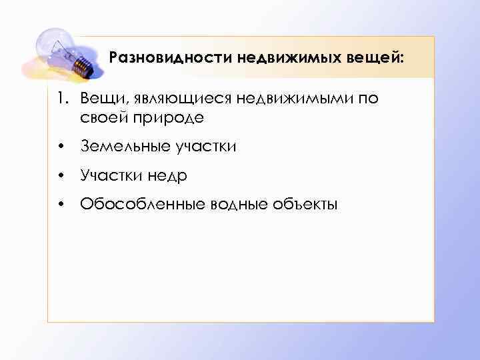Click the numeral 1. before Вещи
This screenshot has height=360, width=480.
63,100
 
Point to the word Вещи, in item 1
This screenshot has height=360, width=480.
99,100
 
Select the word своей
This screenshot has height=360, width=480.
101,118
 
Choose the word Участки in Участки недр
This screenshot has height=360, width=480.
109,175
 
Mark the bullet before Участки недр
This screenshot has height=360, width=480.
61,176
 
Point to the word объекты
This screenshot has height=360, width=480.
306,204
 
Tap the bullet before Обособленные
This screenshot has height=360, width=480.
61,205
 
